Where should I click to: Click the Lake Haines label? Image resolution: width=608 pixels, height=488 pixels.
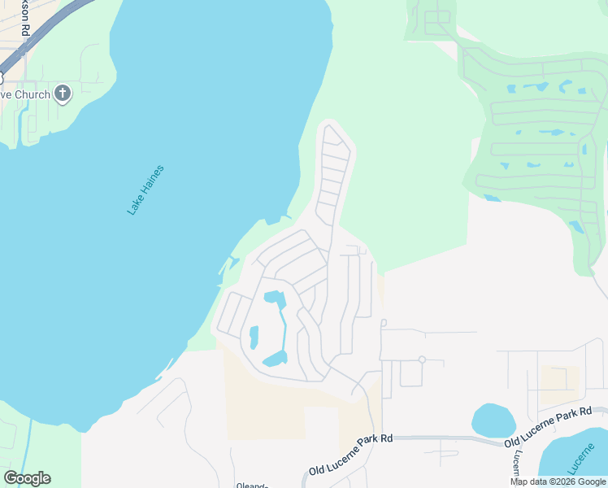(145, 190)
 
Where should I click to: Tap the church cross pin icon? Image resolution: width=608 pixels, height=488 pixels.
(63, 94)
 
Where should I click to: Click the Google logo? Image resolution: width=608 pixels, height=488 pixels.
(27, 478)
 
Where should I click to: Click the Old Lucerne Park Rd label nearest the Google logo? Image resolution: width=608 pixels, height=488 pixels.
(350, 455)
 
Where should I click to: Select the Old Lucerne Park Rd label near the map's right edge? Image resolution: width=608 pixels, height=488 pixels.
(547, 429)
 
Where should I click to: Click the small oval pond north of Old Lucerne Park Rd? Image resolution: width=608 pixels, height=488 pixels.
(493, 420)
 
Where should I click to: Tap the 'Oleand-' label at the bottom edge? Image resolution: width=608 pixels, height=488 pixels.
(252, 486)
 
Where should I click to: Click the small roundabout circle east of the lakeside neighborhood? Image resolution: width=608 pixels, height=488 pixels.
(422, 359)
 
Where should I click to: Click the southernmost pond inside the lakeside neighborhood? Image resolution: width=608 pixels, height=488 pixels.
(276, 359)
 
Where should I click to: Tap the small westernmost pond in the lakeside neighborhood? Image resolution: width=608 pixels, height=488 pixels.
(253, 336)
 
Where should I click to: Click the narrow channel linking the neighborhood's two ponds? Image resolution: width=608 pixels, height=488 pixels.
(284, 329)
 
